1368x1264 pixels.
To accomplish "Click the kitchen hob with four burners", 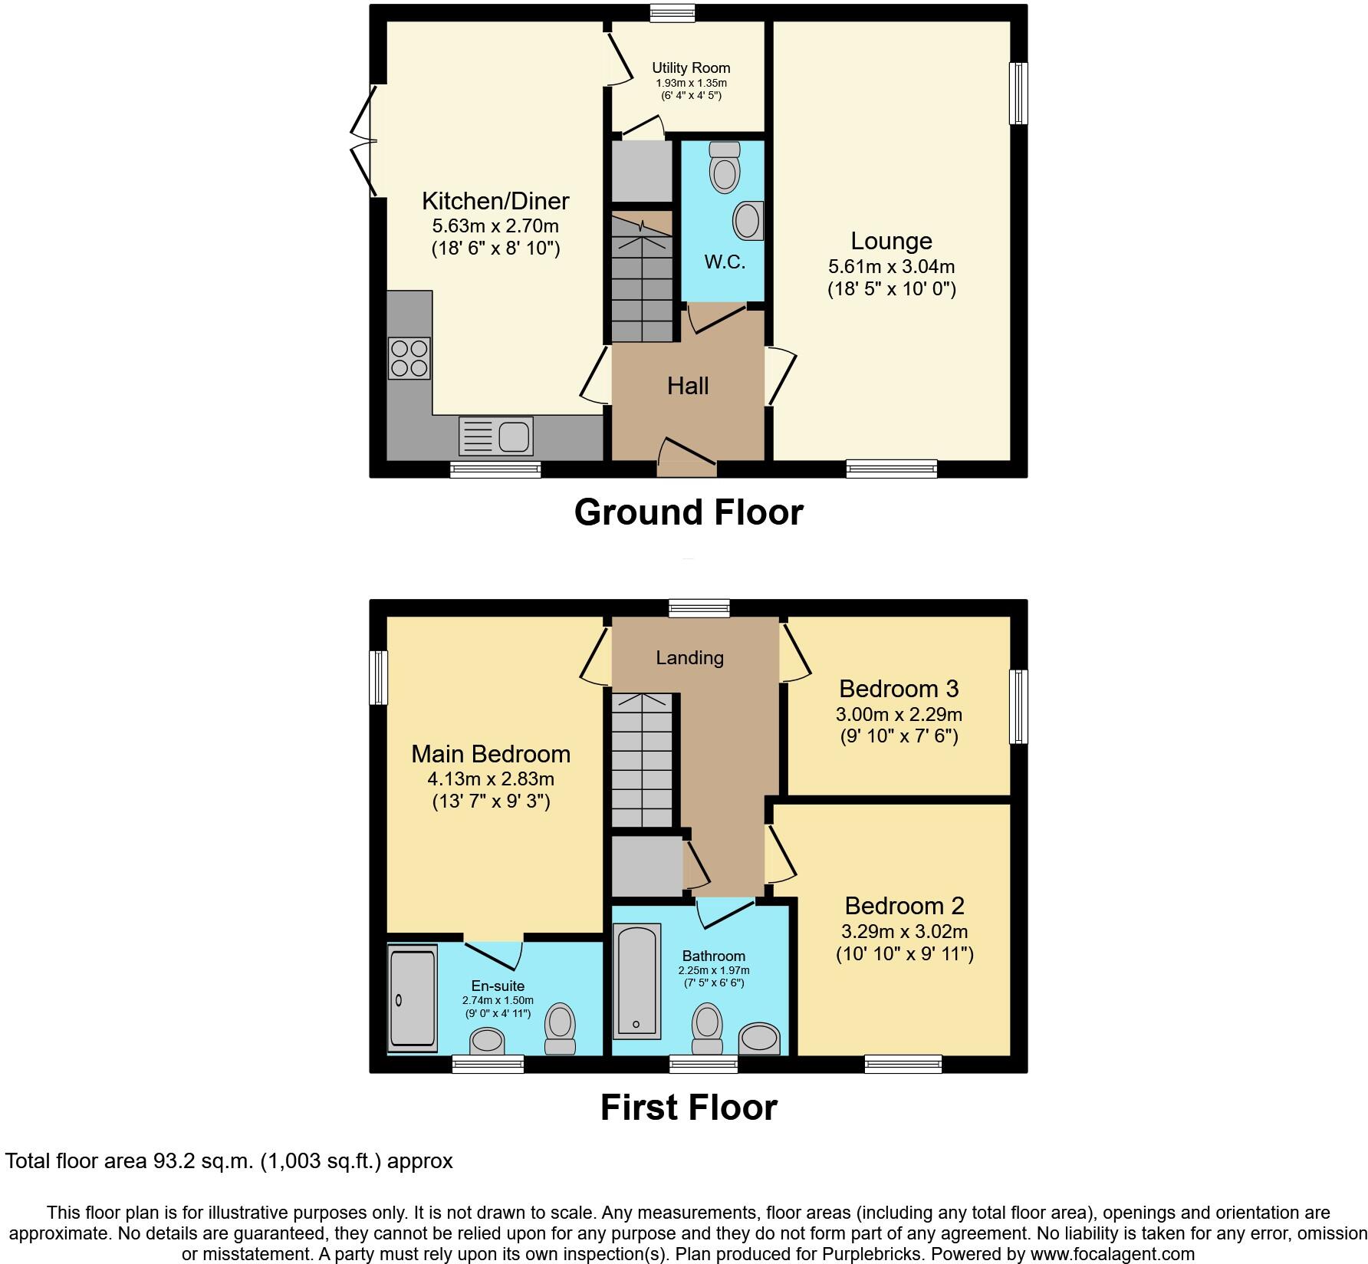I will click(409, 358).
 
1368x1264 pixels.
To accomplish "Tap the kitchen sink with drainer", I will click(495, 436).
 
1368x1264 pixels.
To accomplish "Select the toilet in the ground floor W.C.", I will click(724, 167).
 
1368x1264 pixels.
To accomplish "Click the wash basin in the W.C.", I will click(748, 221).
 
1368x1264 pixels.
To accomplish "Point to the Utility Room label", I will click(691, 68).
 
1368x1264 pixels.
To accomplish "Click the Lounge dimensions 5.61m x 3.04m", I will click(891, 267).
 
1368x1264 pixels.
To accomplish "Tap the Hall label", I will click(688, 386).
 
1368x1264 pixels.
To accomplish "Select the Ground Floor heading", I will click(688, 512).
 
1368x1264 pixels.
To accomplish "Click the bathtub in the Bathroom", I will click(636, 980).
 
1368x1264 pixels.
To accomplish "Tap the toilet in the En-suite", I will click(560, 1030).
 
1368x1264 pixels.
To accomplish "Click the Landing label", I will click(689, 657).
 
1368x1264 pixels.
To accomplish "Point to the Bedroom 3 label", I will click(899, 689).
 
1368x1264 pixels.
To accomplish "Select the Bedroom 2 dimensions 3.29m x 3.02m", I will click(904, 932).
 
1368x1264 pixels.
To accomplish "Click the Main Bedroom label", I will click(491, 754).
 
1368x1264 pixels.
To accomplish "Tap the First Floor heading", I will click(688, 1108).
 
